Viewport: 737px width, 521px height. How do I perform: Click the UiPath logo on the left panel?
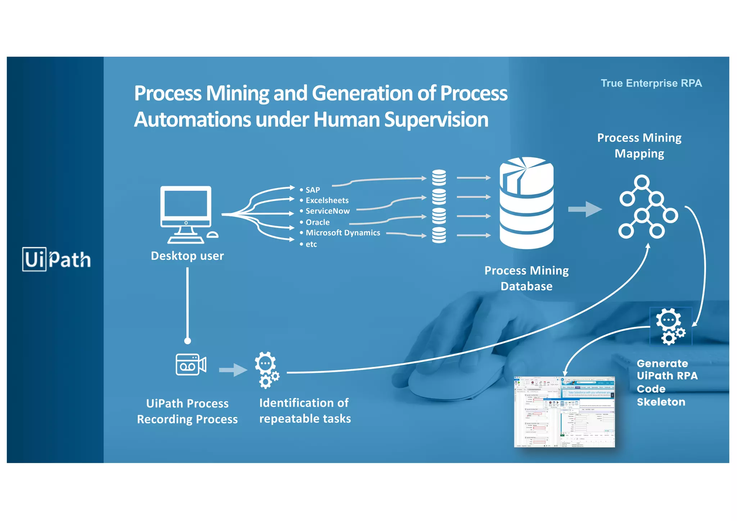point(56,259)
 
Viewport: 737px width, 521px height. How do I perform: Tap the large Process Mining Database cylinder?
point(526,203)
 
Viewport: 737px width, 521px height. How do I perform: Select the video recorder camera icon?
point(191,364)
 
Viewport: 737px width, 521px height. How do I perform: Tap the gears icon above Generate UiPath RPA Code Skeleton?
point(670,326)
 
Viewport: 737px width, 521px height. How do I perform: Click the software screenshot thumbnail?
point(564,412)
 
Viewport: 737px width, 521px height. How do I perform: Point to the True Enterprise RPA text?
point(651,83)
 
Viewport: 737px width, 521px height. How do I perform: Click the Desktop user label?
point(187,256)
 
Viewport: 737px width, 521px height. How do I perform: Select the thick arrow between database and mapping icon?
point(585,209)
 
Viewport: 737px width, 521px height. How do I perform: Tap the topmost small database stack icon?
point(439,177)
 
